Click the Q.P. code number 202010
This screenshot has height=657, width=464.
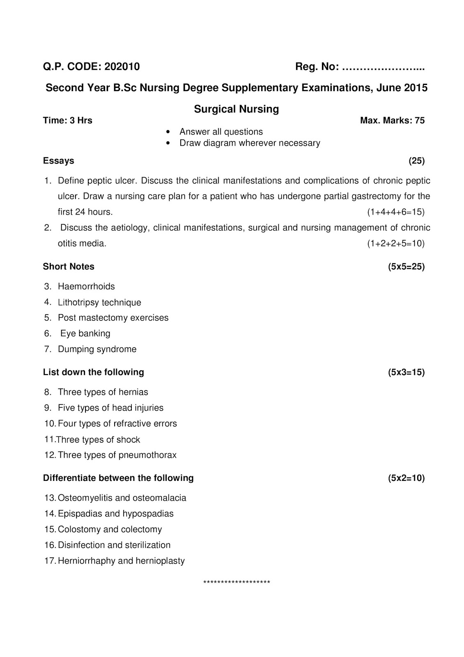click(x=122, y=67)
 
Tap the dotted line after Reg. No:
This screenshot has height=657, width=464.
click(x=383, y=67)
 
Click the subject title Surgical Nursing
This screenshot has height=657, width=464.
click(x=236, y=109)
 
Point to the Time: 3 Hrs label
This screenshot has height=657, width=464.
click(x=68, y=121)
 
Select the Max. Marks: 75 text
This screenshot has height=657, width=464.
click(x=392, y=121)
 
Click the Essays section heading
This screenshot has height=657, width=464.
click(x=59, y=161)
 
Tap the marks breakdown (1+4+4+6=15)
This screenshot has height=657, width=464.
click(x=395, y=212)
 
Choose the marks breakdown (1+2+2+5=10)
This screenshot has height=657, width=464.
click(x=395, y=244)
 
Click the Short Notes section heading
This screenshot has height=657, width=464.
click(x=69, y=267)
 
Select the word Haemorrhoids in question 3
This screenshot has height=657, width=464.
click(x=86, y=287)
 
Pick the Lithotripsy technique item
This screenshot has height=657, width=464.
click(x=99, y=303)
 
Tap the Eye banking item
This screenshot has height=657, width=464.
click(x=85, y=333)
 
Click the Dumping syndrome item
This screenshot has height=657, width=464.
click(x=97, y=349)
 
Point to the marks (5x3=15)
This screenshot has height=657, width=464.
click(x=406, y=372)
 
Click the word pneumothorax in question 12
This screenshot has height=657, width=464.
click(x=147, y=455)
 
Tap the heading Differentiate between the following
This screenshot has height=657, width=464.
click(x=118, y=478)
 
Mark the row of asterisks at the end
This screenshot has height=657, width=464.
click(x=237, y=582)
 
